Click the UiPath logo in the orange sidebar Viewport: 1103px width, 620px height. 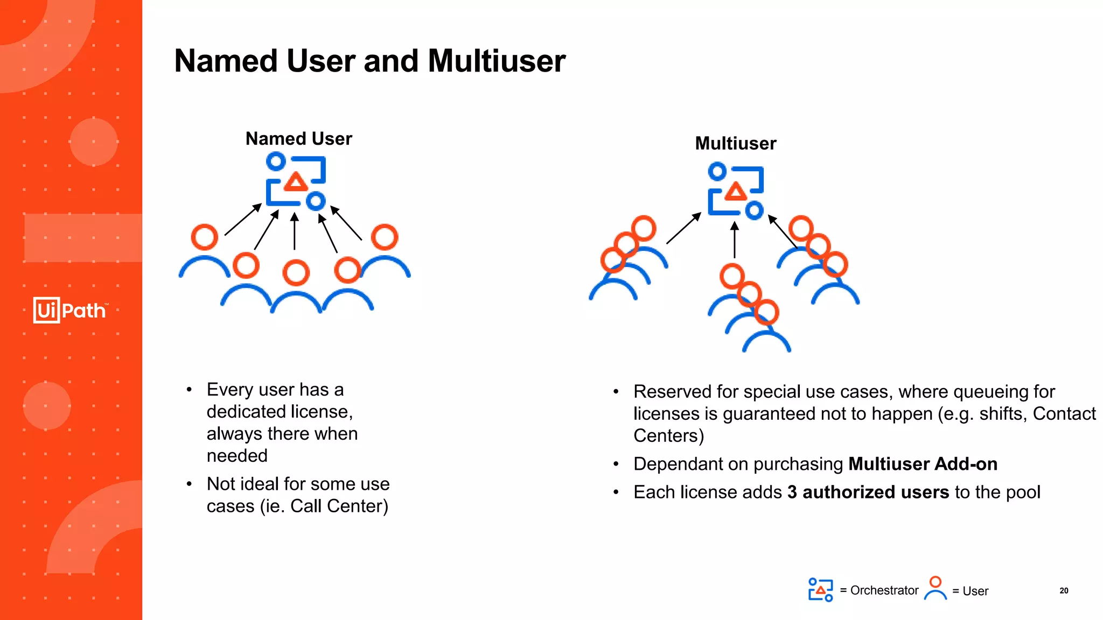pyautogui.click(x=71, y=310)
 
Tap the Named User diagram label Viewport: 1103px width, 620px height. pyautogui.click(x=298, y=139)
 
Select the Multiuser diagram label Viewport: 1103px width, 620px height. pyautogui.click(x=736, y=144)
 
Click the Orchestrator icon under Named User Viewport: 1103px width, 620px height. pyautogui.click(x=296, y=181)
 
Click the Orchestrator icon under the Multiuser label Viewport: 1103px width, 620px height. pyautogui.click(x=736, y=191)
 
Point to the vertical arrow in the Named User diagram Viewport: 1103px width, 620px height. pyautogui.click(x=294, y=231)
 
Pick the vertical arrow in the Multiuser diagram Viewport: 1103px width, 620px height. pyautogui.click(x=735, y=240)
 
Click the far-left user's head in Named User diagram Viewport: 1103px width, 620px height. pyautogui.click(x=205, y=237)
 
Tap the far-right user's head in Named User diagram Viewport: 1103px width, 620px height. pyautogui.click(x=385, y=237)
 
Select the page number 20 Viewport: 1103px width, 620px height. pyautogui.click(x=1064, y=590)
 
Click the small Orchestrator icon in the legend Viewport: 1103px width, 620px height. pyautogui.click(x=820, y=590)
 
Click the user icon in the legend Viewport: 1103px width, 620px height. pyautogui.click(x=936, y=588)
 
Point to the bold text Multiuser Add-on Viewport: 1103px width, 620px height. pyautogui.click(x=923, y=464)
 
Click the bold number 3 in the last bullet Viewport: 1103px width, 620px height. pyautogui.click(x=792, y=492)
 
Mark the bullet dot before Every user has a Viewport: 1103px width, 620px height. pyautogui.click(x=189, y=390)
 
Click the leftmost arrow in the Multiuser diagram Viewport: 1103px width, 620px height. pyautogui.click(x=683, y=228)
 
